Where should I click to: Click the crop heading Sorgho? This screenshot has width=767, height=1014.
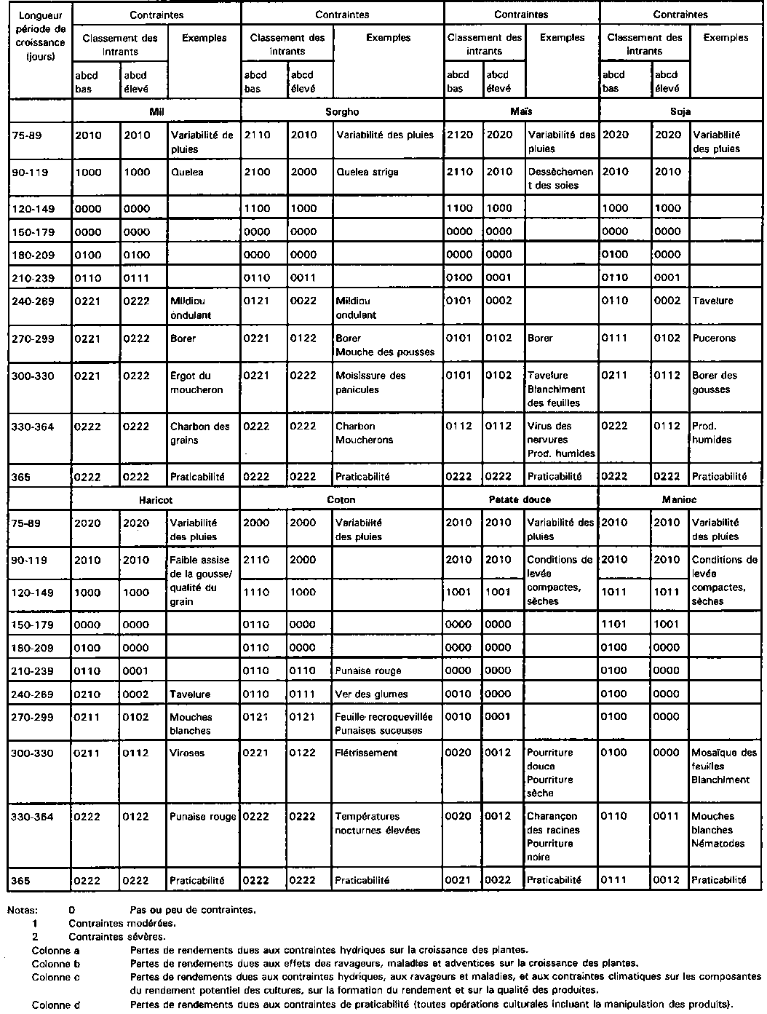coord(343,111)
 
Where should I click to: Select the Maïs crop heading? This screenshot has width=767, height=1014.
coord(521,111)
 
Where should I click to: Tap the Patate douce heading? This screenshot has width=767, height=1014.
coord(520,499)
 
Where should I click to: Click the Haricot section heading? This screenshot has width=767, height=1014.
coord(156,500)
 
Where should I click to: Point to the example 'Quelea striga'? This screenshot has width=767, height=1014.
coord(367,173)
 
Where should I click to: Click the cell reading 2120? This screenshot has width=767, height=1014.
coord(459,135)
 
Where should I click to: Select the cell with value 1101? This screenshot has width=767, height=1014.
coord(614,624)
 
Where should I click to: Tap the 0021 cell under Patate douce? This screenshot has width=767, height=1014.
coord(459,879)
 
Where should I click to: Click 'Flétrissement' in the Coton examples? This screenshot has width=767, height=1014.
coord(366,753)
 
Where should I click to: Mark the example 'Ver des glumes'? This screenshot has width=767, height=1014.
coord(371,694)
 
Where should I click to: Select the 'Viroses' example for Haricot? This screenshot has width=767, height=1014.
coord(187,753)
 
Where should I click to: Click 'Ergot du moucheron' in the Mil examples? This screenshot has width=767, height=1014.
coord(190,382)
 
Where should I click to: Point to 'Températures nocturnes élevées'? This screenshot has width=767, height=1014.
coord(377,823)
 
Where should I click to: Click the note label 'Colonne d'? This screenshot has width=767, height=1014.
coord(55,1005)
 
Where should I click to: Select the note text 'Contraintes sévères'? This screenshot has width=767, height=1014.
coord(116,936)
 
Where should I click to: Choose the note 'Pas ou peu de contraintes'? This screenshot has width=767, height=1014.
coord(192,909)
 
